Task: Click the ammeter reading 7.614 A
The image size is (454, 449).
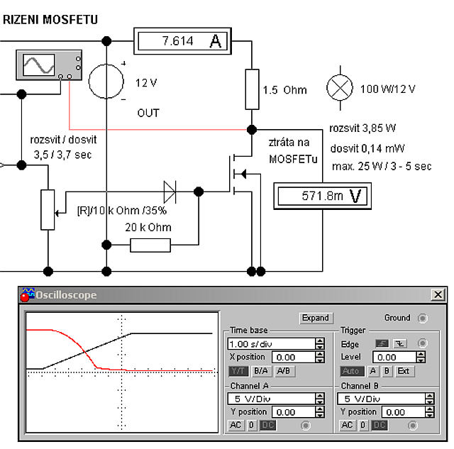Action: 182,41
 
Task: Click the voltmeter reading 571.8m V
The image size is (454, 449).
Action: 322,196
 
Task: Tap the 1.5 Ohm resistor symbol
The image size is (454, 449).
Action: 252,89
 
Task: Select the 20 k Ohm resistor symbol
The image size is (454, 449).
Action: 150,245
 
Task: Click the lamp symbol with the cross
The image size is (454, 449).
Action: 340,88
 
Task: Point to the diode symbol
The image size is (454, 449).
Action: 170,192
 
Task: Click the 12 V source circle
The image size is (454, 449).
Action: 106,82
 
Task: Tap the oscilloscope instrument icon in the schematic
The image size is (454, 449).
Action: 49,65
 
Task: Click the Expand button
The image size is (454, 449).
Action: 316,318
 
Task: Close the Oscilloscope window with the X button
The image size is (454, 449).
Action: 438,294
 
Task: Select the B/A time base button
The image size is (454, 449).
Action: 261,371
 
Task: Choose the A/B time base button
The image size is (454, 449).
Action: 284,371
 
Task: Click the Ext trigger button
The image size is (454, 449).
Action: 404,371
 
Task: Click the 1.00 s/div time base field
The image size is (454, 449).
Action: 271,344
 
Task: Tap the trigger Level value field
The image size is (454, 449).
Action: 394,357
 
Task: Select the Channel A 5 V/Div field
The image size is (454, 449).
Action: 271,399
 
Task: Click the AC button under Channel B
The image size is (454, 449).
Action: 347,425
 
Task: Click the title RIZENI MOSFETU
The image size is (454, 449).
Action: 50,20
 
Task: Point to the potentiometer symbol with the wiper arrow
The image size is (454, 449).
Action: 48,210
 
